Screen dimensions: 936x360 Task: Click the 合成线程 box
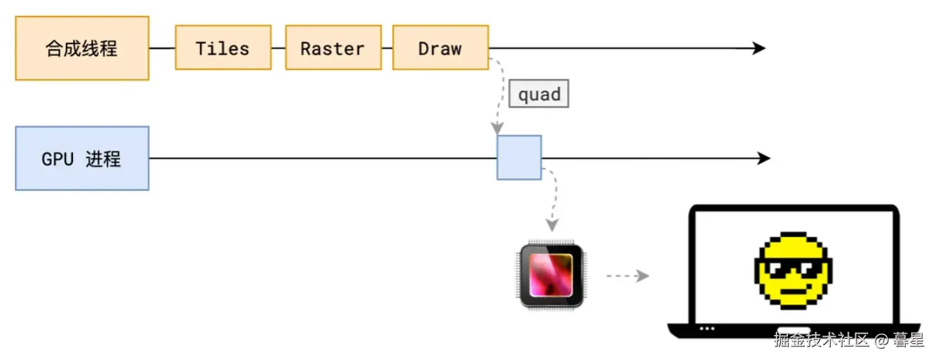point(82,48)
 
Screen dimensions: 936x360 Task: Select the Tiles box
point(223,47)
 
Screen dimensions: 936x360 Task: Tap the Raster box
point(333,47)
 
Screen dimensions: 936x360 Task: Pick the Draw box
point(441,47)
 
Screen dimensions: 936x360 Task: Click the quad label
point(539,94)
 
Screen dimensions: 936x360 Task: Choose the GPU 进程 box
point(82,158)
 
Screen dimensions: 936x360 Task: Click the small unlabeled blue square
point(520,158)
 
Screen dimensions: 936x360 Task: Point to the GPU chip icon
point(552,275)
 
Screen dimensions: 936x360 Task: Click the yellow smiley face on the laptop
point(793,270)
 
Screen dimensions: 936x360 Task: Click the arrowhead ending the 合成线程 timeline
point(759,48)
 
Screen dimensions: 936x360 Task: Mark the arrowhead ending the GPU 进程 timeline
point(764,158)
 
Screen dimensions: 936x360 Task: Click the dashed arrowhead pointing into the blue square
point(497,128)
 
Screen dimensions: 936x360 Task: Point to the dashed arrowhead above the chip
point(552,225)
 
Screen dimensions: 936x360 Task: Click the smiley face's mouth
point(794,291)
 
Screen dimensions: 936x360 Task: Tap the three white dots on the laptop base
point(707,329)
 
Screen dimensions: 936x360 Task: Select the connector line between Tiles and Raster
point(279,48)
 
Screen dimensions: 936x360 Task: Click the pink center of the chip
point(551,275)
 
